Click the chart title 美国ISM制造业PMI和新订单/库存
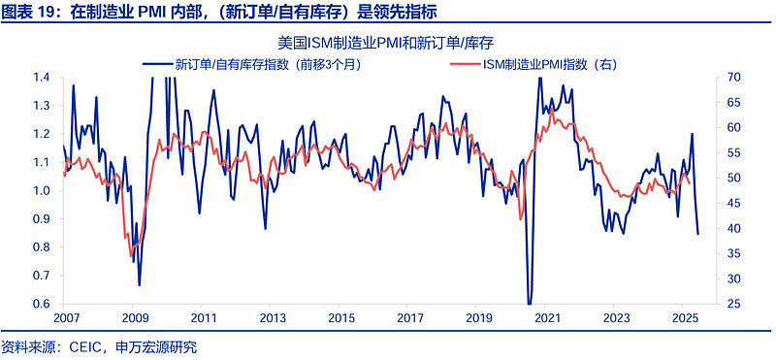[387, 43]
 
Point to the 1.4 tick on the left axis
[42, 78]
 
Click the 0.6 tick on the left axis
[42, 304]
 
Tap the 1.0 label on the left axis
[42, 191]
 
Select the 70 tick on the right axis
[733, 78]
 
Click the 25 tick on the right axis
[733, 304]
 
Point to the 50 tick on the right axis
[733, 179]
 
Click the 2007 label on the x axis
[66, 318]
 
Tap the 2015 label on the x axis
[340, 318]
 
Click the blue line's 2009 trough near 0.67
[140, 284]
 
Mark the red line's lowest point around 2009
[131, 256]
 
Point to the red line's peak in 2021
[552, 108]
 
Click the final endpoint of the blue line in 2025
[697, 234]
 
